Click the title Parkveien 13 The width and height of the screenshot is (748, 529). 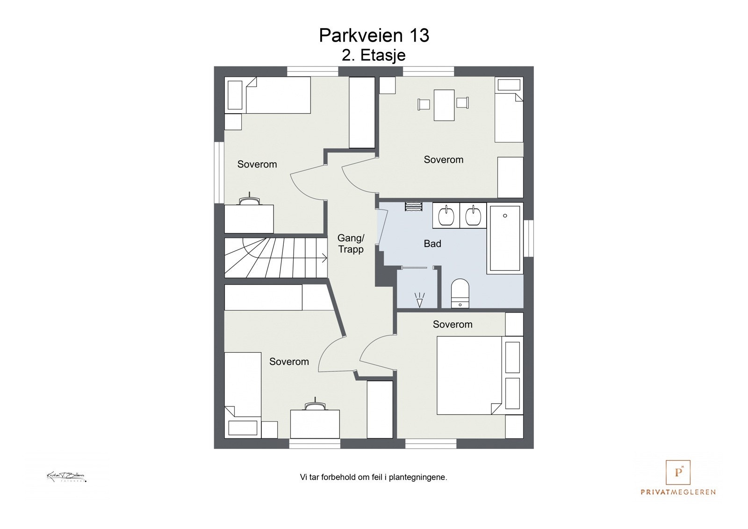(374, 36)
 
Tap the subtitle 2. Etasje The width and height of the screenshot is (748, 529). (374, 55)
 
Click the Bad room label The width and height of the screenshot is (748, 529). (432, 244)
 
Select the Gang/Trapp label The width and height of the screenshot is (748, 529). (351, 244)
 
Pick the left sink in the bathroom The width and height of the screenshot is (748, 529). (446, 216)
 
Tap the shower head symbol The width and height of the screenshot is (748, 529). (419, 300)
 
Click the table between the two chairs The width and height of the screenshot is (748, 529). (444, 105)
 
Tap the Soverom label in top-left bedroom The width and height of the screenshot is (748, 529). (257, 164)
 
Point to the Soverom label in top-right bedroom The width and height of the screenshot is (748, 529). (443, 159)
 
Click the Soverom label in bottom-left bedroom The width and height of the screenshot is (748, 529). (289, 362)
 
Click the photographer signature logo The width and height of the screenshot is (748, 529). (66, 477)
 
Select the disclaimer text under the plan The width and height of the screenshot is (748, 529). (374, 478)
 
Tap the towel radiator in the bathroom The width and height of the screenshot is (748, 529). (413, 207)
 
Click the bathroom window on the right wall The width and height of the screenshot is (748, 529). (528, 238)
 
